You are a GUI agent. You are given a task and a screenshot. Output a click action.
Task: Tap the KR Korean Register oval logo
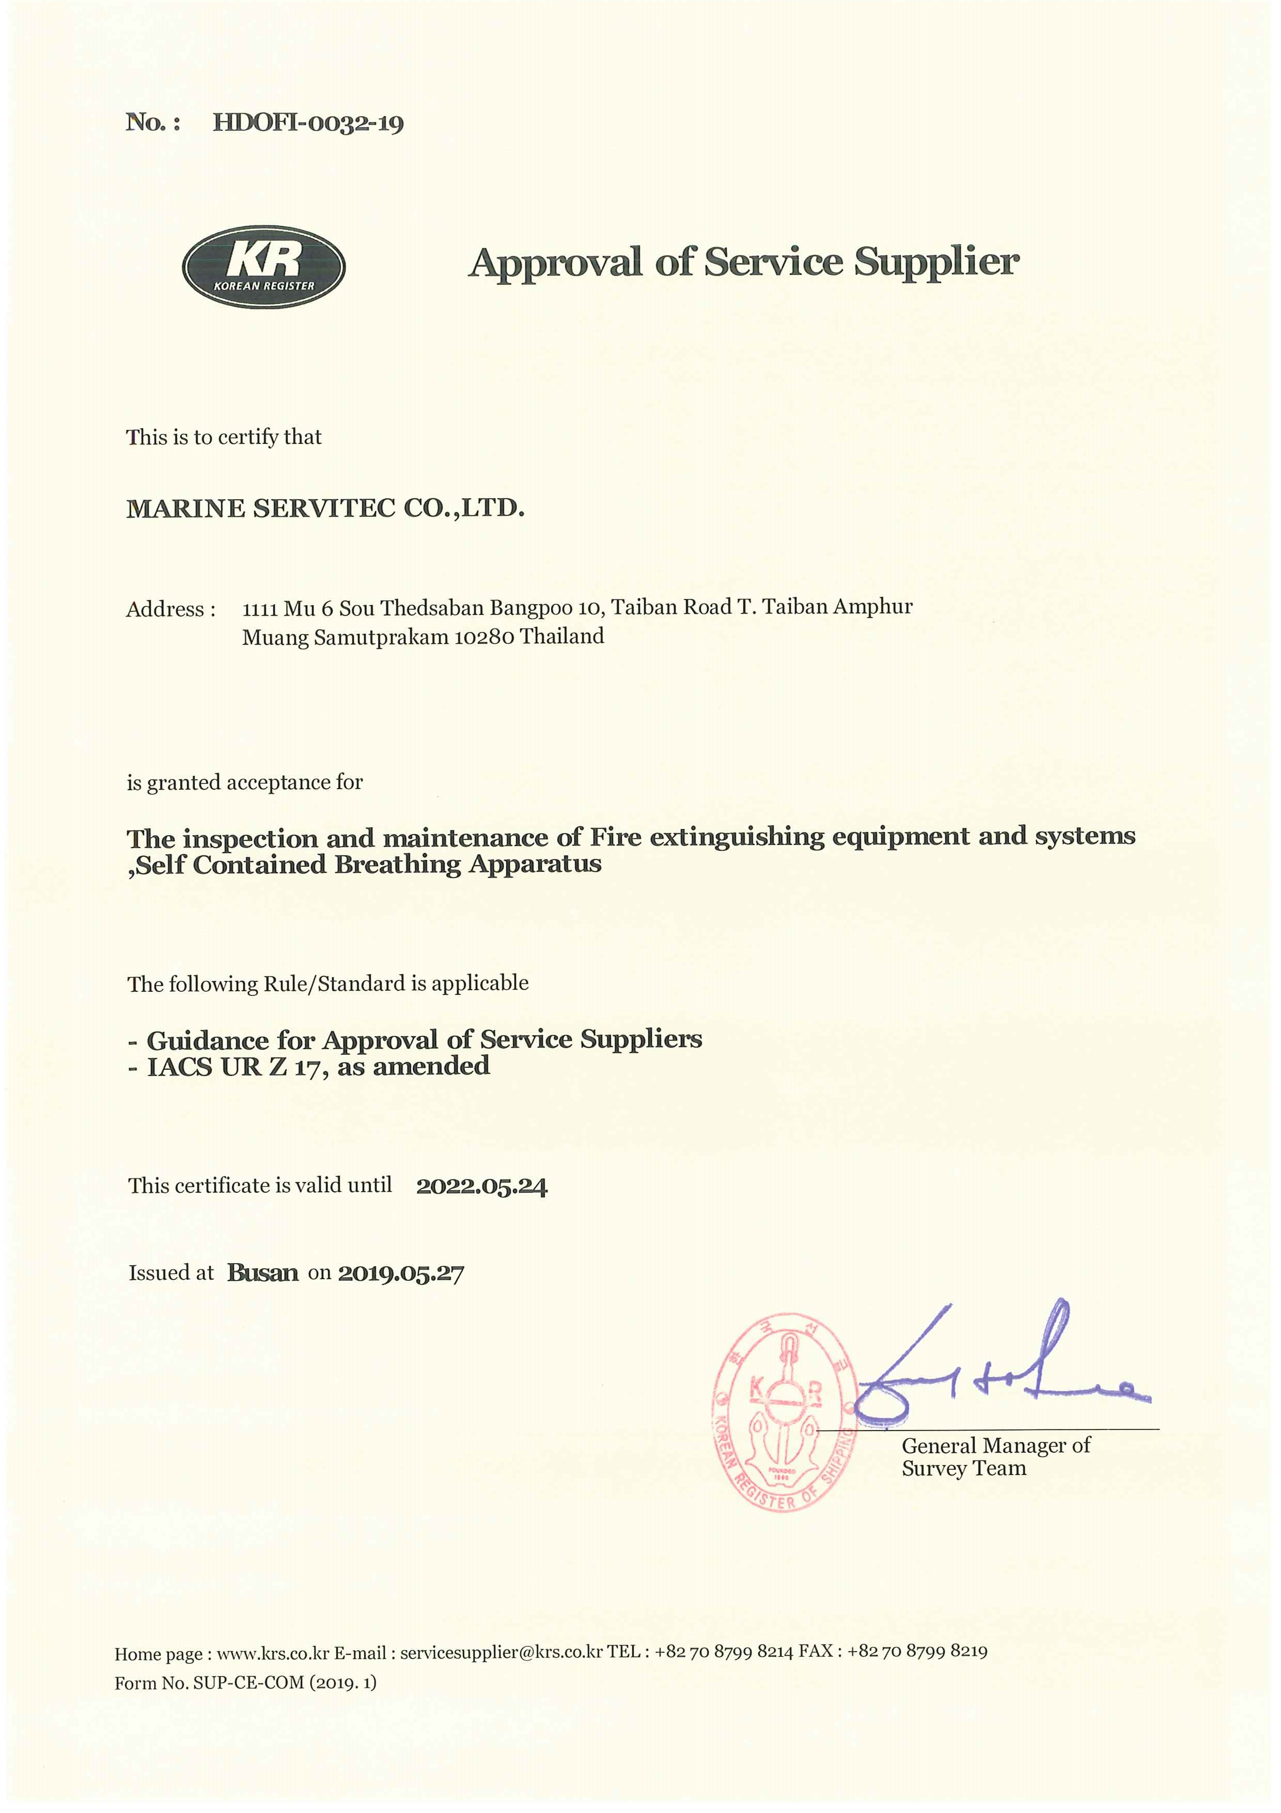tap(263, 267)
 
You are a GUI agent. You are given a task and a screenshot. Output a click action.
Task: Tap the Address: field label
tap(170, 610)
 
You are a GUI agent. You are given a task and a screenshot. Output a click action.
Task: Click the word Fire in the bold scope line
tap(613, 837)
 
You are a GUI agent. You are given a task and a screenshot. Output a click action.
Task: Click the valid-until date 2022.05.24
tap(481, 1187)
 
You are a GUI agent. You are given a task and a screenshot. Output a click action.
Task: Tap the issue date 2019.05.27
tap(401, 1273)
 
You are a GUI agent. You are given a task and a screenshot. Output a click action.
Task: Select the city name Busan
tap(263, 1273)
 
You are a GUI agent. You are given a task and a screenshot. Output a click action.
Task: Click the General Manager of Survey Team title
tap(995, 1457)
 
